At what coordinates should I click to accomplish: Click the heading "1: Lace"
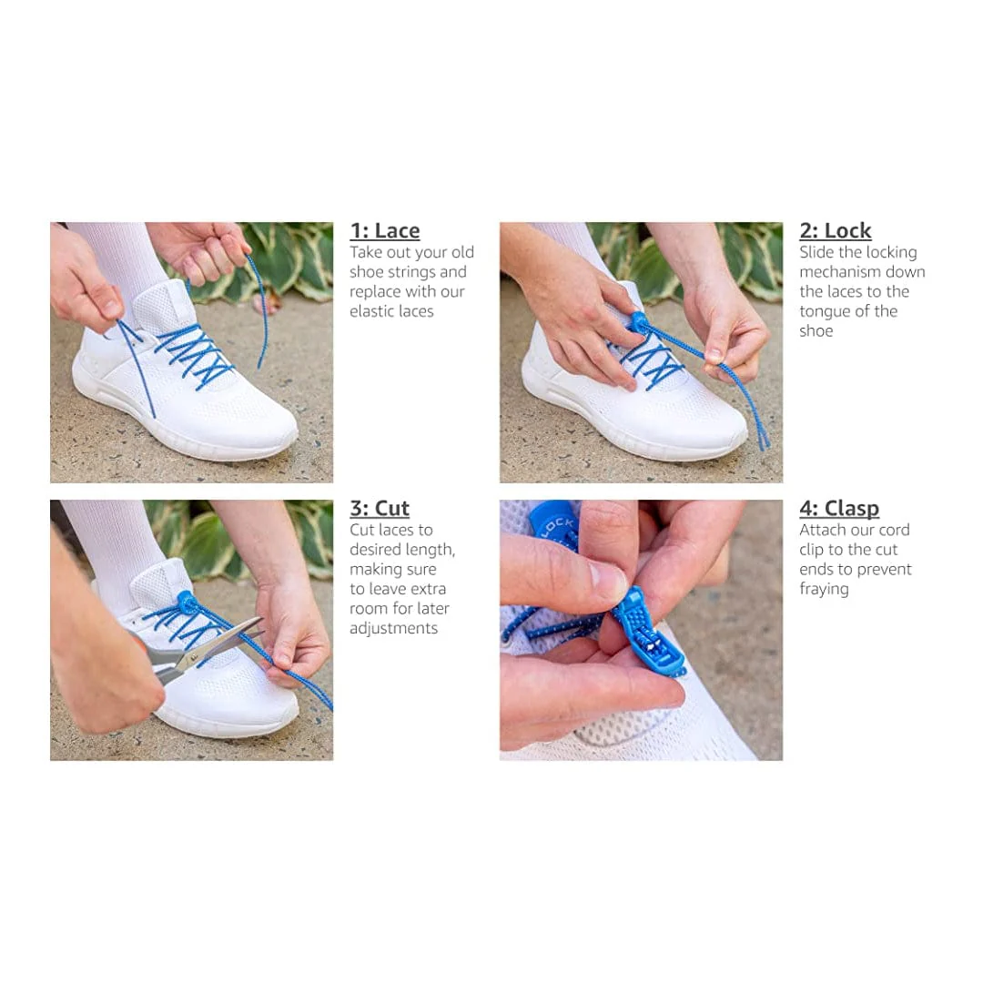click(385, 230)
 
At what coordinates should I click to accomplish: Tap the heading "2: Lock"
click(835, 230)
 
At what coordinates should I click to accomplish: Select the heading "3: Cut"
click(380, 509)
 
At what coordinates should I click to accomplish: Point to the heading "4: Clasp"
click(839, 509)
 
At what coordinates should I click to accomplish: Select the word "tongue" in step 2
click(824, 311)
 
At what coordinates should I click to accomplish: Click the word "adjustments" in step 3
click(393, 629)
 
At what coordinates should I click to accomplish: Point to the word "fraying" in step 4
click(824, 589)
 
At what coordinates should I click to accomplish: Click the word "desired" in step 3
click(375, 549)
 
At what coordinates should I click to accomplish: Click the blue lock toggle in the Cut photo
click(187, 603)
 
